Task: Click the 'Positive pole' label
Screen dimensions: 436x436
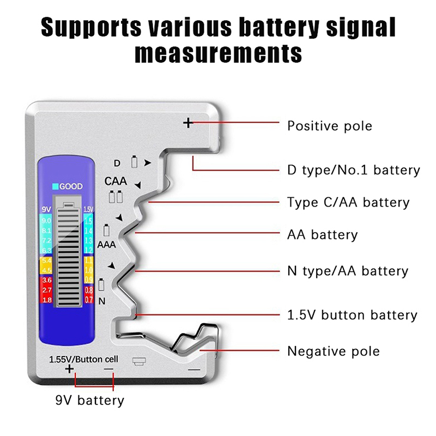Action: pyautogui.click(x=329, y=126)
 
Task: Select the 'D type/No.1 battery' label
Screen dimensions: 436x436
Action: pyautogui.click(x=354, y=170)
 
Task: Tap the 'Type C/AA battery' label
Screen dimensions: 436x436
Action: pyautogui.click(x=348, y=203)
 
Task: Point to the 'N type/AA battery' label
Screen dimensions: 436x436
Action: pyautogui.click(x=347, y=271)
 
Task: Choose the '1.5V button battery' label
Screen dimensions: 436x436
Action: pyautogui.click(x=352, y=315)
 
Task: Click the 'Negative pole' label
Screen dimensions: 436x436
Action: pyautogui.click(x=333, y=351)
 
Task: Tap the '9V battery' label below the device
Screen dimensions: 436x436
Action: pyautogui.click(x=90, y=401)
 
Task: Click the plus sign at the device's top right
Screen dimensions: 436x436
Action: pyautogui.click(x=188, y=123)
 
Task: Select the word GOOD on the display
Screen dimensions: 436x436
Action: pyautogui.click(x=71, y=186)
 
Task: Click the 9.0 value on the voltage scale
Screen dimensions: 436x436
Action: pyautogui.click(x=46, y=221)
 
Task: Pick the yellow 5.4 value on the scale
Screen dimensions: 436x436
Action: pyautogui.click(x=46, y=262)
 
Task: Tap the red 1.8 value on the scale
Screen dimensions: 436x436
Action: pyautogui.click(x=46, y=300)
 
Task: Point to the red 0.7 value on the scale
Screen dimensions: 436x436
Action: pyautogui.click(x=89, y=300)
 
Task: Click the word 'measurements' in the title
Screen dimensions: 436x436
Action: pyautogui.click(x=218, y=53)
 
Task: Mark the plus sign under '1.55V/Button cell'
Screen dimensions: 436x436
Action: pyautogui.click(x=69, y=370)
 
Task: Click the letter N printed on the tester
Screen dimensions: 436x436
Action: pyautogui.click(x=102, y=301)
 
